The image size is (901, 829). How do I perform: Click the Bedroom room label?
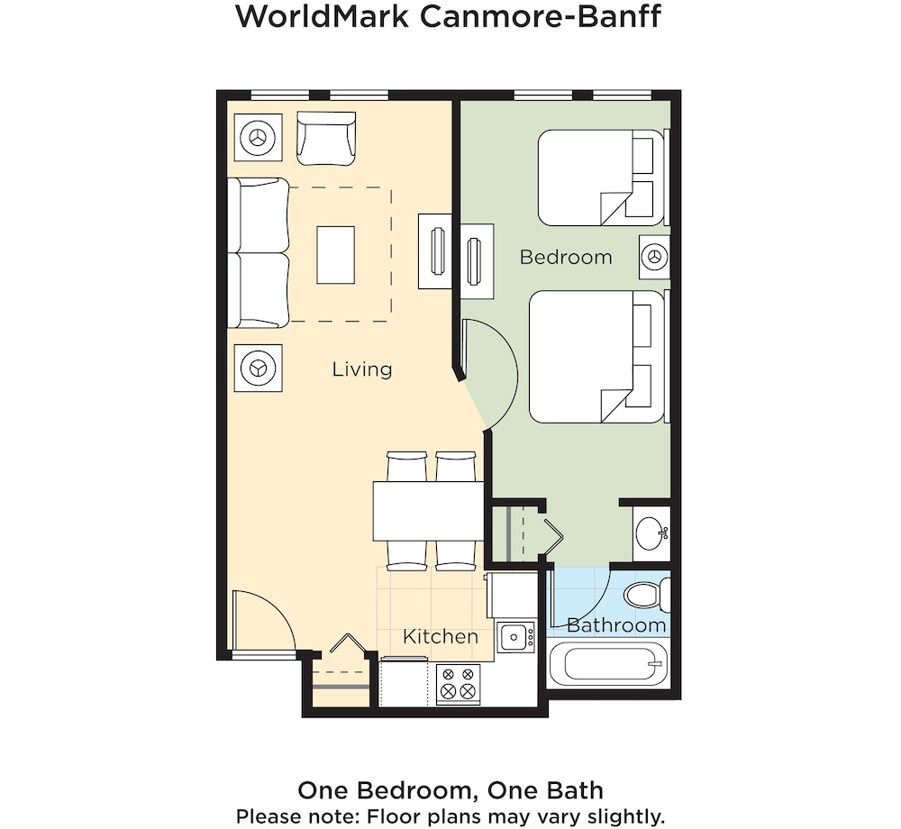[x=566, y=257]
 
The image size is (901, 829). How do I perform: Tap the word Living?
[x=362, y=369]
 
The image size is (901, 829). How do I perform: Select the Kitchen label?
[x=441, y=636]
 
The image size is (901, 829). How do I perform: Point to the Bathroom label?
[x=616, y=625]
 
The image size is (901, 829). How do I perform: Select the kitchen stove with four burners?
[x=459, y=684]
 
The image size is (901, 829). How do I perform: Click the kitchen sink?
[x=515, y=636]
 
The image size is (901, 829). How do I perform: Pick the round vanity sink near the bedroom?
[x=651, y=533]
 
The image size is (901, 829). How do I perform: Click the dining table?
[x=429, y=511]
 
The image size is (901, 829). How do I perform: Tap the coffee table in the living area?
[x=335, y=255]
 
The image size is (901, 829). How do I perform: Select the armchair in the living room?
[x=326, y=139]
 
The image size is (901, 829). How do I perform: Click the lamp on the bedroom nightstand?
[x=654, y=256]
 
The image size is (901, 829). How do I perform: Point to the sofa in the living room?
[x=258, y=253]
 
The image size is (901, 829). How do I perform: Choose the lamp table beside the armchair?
[x=258, y=138]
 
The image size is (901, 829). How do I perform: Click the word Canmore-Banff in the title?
[x=540, y=16]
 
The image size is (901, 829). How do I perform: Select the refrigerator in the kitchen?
[x=512, y=596]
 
